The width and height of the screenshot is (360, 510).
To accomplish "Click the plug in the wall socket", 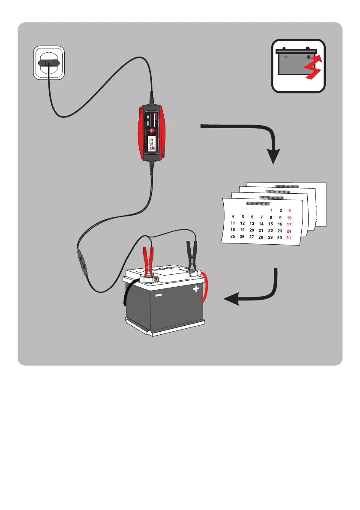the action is click(48, 63).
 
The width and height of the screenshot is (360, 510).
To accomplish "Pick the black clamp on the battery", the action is click(192, 257).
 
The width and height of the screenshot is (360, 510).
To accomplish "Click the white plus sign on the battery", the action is click(196, 289).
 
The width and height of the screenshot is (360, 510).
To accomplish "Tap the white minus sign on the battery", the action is click(159, 296).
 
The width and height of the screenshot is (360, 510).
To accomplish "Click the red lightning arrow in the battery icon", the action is click(312, 69).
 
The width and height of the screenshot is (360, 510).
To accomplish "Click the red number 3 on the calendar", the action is click(289, 211).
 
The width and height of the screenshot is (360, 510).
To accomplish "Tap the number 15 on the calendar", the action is click(270, 224).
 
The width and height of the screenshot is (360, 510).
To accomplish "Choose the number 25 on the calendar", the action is click(233, 236).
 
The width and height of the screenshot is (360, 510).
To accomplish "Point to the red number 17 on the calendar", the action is click(289, 225).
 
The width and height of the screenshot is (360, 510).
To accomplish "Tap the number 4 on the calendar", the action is click(233, 216).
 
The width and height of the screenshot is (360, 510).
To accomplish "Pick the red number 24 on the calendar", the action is click(289, 231).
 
